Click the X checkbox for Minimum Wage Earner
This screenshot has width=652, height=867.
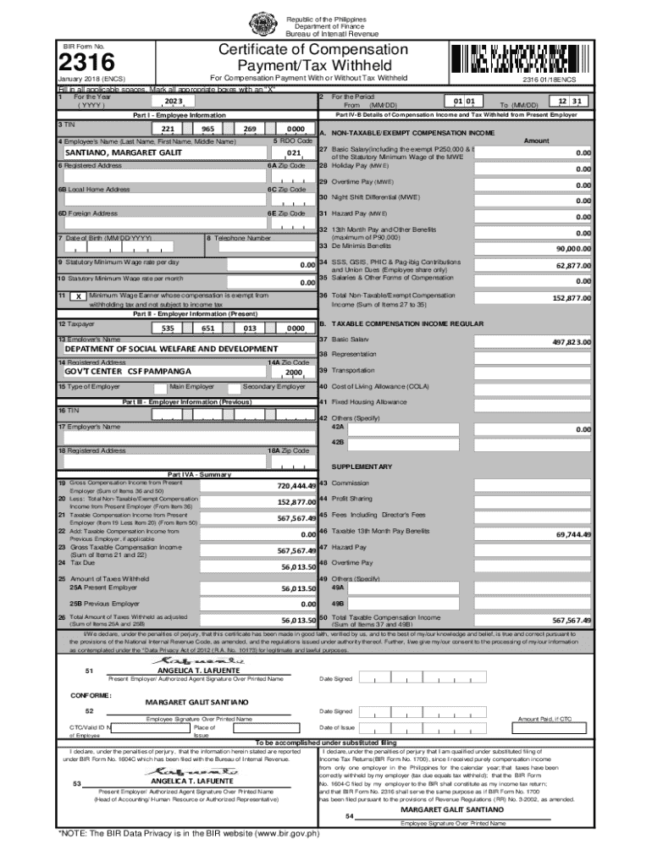click(x=77, y=297)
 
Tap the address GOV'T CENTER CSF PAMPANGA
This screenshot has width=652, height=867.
click(x=128, y=371)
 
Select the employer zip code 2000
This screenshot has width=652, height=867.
click(x=294, y=373)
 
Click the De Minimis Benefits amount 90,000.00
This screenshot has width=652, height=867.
click(x=572, y=249)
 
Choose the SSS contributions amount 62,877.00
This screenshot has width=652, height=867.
click(x=572, y=265)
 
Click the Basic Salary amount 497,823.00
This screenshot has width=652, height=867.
click(x=572, y=342)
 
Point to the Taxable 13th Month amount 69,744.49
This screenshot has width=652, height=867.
click(x=572, y=535)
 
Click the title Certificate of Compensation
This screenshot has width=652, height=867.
click(x=313, y=50)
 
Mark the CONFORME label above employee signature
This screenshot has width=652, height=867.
click(x=91, y=696)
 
